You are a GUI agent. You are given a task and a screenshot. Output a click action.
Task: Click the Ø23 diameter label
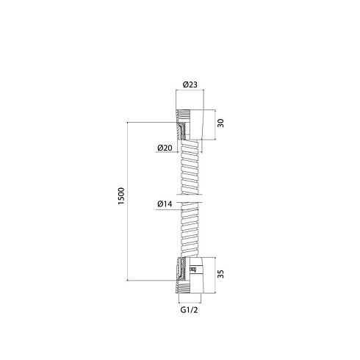(190, 84)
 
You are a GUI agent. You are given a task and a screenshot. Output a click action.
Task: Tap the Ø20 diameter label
(165, 148)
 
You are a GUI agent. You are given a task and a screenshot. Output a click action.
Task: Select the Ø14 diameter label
(165, 204)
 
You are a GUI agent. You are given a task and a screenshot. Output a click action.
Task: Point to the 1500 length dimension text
(121, 196)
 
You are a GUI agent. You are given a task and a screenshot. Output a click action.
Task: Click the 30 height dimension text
(220, 123)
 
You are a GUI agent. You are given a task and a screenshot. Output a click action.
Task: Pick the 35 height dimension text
(220, 274)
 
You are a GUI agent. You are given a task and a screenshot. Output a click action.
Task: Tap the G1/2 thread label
(189, 310)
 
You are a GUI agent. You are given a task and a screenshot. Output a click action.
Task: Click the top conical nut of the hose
(190, 125)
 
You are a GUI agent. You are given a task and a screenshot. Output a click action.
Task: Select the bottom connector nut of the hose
(190, 275)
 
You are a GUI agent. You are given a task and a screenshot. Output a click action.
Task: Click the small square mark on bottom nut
(193, 270)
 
